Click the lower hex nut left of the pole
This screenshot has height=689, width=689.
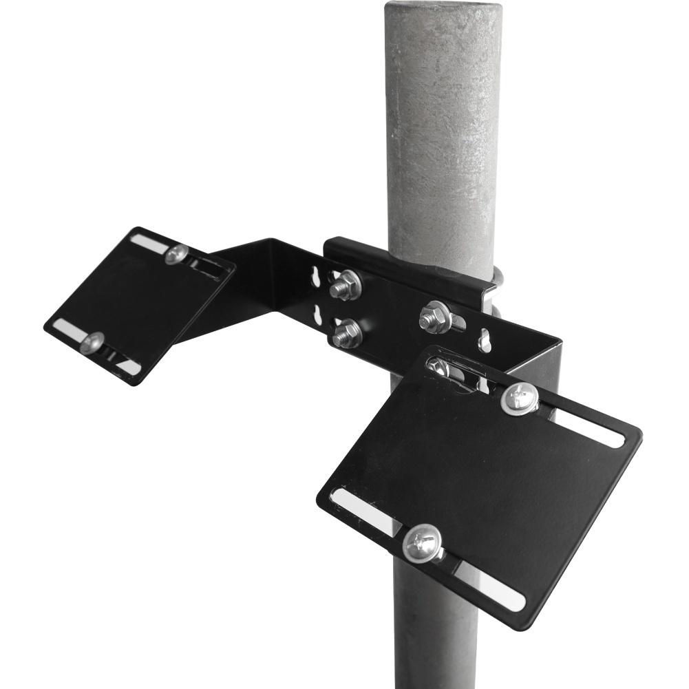click(346, 333)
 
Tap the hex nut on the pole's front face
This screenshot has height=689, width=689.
click(434, 316)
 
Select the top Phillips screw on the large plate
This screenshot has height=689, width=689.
click(520, 398)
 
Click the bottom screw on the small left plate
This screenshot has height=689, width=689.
click(92, 342)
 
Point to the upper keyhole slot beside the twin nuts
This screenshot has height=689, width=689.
click(316, 276)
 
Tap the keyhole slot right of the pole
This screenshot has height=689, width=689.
click(485, 338)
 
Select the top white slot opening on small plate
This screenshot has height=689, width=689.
click(147, 242)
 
